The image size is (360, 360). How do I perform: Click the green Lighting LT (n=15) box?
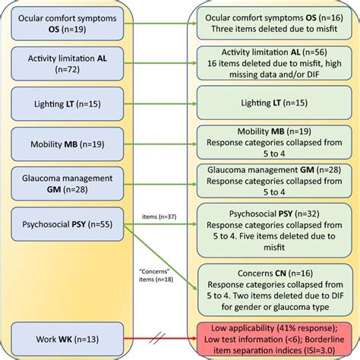click(273, 102)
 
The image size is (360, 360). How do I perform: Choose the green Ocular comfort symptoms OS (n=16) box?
click(273, 24)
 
